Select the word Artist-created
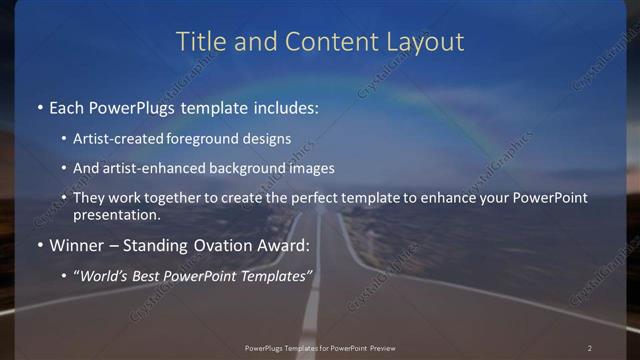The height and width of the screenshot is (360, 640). [117, 139]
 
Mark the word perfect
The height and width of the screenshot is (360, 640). [306, 198]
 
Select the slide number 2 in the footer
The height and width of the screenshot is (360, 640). [590, 348]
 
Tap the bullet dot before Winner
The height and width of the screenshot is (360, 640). [38, 245]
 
